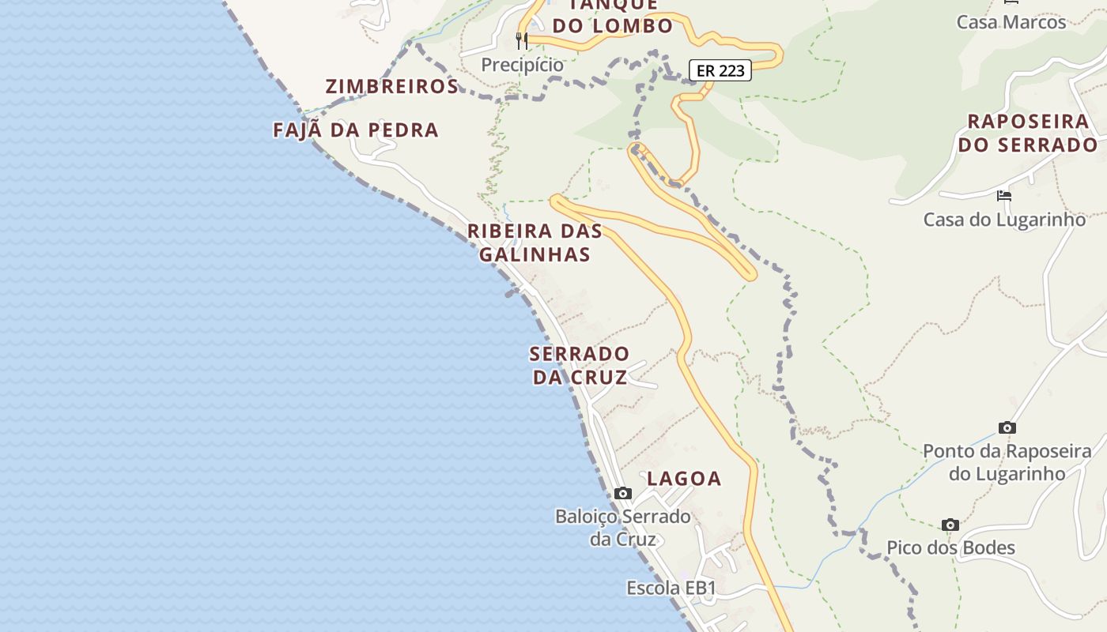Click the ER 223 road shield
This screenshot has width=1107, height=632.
point(720,70)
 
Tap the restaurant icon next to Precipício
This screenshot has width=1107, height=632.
point(522,39)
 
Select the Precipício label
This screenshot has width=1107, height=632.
point(523,65)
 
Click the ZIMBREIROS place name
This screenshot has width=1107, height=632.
point(392,87)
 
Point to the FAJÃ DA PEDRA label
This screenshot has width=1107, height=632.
point(356,130)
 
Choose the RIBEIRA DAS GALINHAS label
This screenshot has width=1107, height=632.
point(535,243)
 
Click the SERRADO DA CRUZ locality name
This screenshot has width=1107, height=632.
point(580,365)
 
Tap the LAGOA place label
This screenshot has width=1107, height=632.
point(684,478)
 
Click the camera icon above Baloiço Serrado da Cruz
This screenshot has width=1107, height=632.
point(623,494)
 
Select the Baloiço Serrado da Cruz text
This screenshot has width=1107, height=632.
point(623,528)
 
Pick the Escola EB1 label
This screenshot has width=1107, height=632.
point(671,588)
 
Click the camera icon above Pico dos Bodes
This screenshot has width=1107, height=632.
point(950,525)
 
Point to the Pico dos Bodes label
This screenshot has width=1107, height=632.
point(950,547)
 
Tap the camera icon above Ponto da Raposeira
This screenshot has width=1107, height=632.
point(1007,428)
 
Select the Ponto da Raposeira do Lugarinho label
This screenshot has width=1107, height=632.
point(1007,462)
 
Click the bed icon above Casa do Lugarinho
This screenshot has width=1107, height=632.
point(1004,196)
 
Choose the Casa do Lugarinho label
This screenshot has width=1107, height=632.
point(1004,219)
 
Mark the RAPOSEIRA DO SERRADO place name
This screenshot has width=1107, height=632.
point(1028,133)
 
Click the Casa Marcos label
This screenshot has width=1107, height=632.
point(1011,21)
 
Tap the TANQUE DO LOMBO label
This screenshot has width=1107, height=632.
point(613,16)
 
